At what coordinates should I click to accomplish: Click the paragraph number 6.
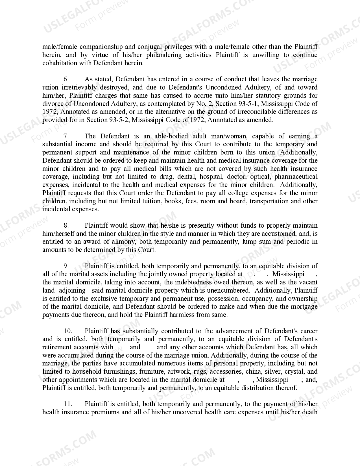click(66, 79)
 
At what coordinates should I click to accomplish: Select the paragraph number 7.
click(66, 136)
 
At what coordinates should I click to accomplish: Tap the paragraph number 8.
click(66, 226)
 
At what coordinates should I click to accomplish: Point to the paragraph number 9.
click(66, 266)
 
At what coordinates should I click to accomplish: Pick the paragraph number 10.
click(68, 331)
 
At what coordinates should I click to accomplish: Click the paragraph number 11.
click(68, 404)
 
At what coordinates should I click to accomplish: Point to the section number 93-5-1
click(252, 104)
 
